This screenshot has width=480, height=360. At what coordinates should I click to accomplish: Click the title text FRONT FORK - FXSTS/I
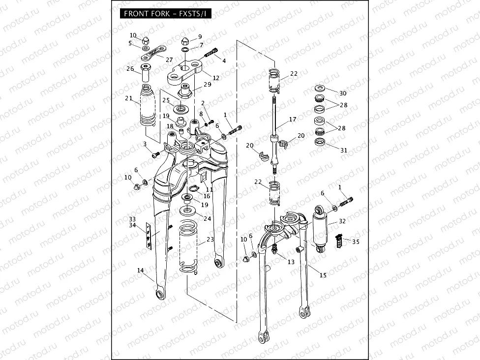click(x=165, y=13)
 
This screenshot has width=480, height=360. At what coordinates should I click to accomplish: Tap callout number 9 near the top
click(x=200, y=37)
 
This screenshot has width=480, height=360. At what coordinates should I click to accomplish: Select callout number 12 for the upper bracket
click(x=216, y=78)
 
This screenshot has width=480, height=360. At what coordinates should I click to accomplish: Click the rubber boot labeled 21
click(x=150, y=109)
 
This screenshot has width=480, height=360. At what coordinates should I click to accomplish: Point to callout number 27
click(x=169, y=60)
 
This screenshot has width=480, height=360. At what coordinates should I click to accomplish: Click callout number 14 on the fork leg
click(x=141, y=270)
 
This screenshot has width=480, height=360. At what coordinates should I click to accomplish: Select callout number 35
click(x=356, y=241)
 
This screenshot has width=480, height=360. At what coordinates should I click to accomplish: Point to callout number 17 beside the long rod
click(x=293, y=120)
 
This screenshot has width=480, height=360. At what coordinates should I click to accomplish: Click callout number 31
click(x=344, y=150)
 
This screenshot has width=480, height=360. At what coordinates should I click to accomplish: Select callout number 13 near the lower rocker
click(x=291, y=262)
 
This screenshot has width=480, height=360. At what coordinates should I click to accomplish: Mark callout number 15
click(x=323, y=275)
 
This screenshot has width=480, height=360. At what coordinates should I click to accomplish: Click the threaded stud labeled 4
click(x=213, y=52)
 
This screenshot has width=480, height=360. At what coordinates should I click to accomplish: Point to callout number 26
click(x=130, y=69)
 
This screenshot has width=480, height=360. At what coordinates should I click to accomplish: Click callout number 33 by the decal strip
click(x=132, y=219)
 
